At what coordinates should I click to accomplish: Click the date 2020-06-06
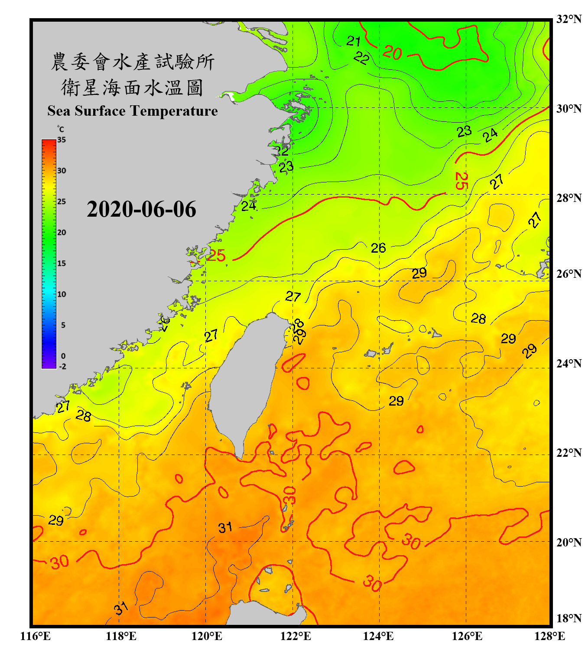(141, 209)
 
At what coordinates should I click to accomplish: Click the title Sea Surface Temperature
(133, 111)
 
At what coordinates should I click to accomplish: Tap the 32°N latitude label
(569, 19)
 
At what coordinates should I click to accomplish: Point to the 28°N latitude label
(569, 198)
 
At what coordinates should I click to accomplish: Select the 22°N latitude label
(569, 453)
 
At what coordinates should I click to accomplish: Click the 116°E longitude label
(36, 636)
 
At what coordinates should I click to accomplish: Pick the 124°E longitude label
(378, 636)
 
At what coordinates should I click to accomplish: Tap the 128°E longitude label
(549, 636)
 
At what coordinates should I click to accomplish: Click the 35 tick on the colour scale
(62, 140)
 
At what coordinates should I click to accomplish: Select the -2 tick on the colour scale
(62, 366)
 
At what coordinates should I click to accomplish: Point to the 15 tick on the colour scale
(62, 263)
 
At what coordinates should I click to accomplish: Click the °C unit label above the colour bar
(61, 129)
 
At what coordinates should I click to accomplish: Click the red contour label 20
(392, 53)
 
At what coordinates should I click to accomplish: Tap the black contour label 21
(354, 41)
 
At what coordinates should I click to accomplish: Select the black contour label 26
(378, 248)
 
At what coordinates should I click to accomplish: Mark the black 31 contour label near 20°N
(225, 527)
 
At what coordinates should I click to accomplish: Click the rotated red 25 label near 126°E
(461, 181)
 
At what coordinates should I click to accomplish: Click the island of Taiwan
(243, 381)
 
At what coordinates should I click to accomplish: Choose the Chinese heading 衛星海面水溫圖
(132, 88)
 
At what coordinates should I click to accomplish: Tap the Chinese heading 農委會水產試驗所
(132, 62)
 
